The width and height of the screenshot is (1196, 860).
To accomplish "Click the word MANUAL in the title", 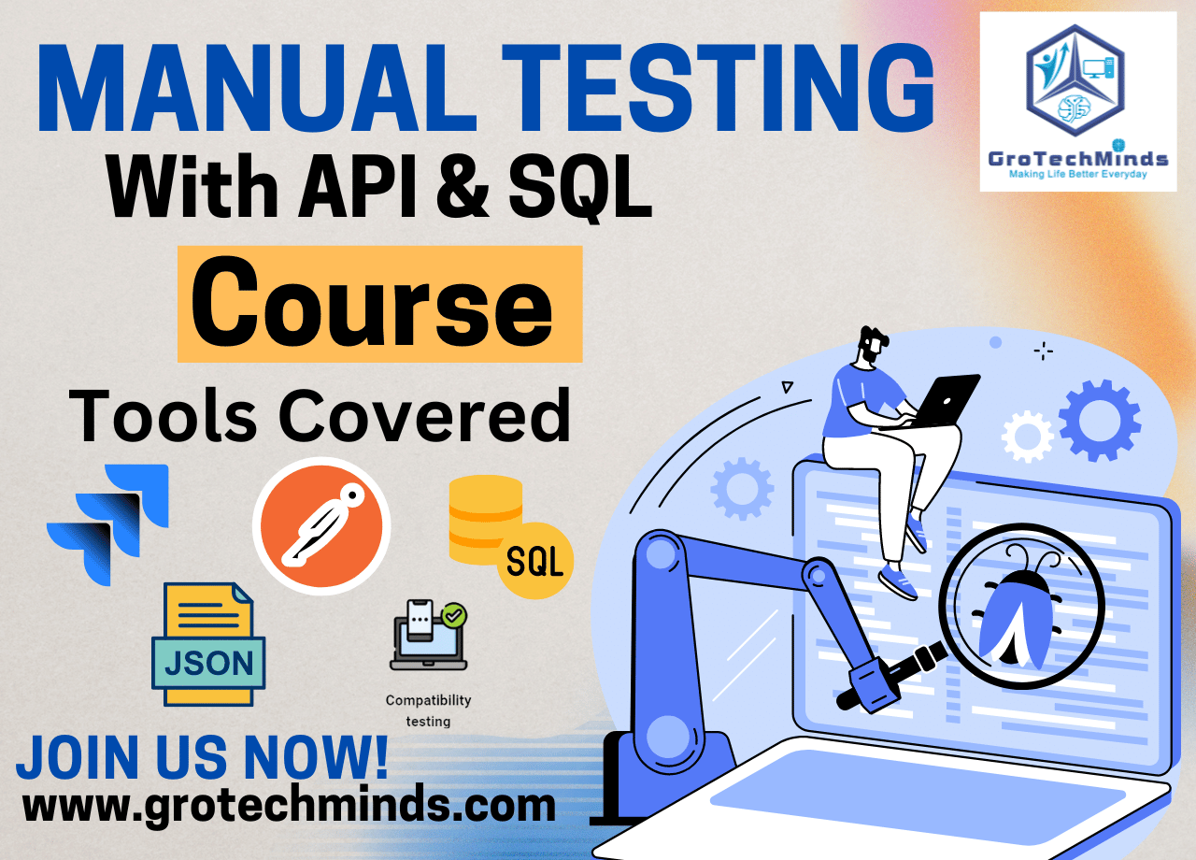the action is pos(256,88).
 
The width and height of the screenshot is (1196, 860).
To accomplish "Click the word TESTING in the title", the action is pos(717,88).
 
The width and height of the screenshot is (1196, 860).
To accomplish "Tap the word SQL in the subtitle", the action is pos(580,186).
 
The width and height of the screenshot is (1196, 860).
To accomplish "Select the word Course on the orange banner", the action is pos(372,302).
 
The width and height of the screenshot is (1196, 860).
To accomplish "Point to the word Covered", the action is pos(424,415).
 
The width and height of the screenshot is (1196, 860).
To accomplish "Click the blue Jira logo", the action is pos(107,524).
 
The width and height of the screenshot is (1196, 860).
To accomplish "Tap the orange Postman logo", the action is pos(321,525).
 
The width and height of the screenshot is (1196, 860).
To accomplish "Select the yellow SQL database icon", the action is pos(511,537).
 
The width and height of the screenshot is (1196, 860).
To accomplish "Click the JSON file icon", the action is pos(208,644).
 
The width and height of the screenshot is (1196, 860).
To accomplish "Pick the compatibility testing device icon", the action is pos(429,635).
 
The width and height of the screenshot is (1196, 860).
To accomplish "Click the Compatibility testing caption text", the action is pos(428,710).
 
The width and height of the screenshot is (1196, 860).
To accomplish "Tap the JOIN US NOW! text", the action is pos(203,757).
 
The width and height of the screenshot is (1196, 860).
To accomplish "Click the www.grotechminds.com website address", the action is pos(289,807).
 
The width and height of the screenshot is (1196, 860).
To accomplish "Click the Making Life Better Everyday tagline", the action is pos(1078,175).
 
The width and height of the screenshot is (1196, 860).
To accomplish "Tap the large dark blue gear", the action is pos(1100,421).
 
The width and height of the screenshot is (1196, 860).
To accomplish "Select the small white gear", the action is pos(1027,437).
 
